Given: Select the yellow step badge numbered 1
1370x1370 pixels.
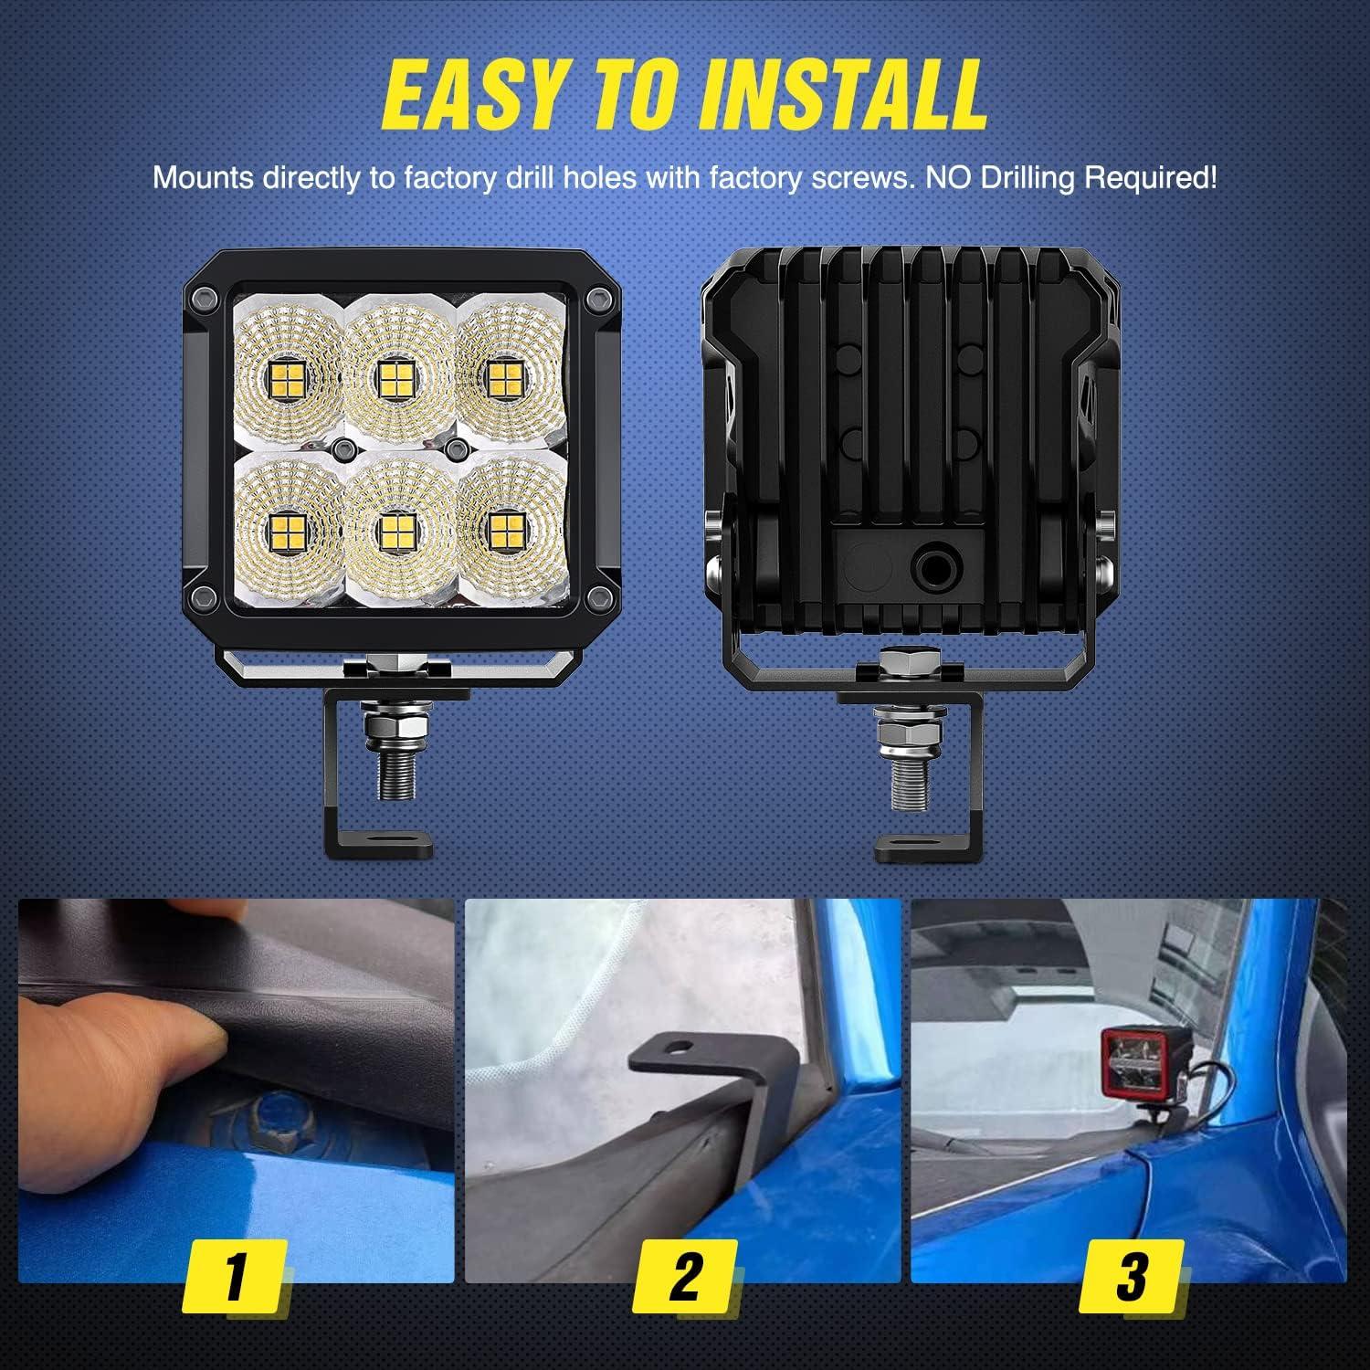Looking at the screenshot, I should [x=236, y=1276].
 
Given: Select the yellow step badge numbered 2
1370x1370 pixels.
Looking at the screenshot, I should [x=684, y=1276].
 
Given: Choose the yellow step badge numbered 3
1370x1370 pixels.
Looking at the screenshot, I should [x=1131, y=1276].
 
